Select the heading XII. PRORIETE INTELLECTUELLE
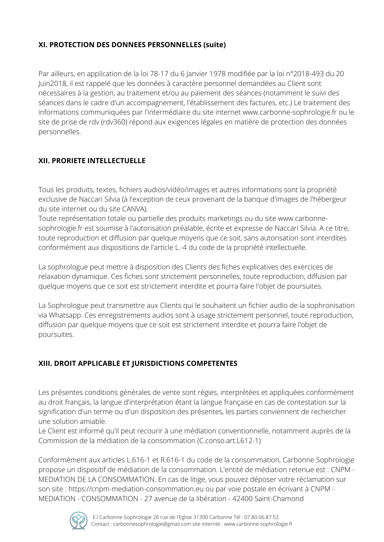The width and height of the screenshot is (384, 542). tap(92, 161)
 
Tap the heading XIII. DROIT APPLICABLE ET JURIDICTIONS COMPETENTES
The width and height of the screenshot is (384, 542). tap(138, 363)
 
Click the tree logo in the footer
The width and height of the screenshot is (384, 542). tap(78, 521)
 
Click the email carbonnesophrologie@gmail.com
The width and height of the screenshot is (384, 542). tap(152, 524)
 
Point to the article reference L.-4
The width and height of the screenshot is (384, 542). tap(181, 247)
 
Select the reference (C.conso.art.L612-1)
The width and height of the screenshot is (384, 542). tap(229, 441)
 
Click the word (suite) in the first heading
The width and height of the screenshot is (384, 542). tap(215, 45)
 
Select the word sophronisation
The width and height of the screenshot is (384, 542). tap(331, 305)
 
